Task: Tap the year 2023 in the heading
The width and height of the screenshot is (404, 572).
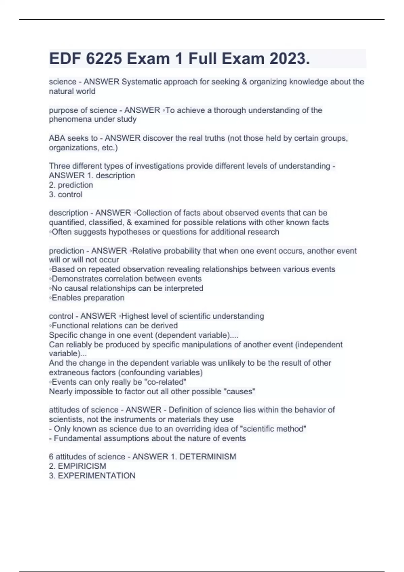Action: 289,59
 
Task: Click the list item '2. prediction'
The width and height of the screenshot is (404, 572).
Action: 71,185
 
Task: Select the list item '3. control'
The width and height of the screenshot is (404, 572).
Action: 66,194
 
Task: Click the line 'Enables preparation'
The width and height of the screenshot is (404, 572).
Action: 88,297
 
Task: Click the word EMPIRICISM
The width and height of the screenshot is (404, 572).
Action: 82,466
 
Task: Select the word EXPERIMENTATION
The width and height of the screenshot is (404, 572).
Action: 97,475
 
